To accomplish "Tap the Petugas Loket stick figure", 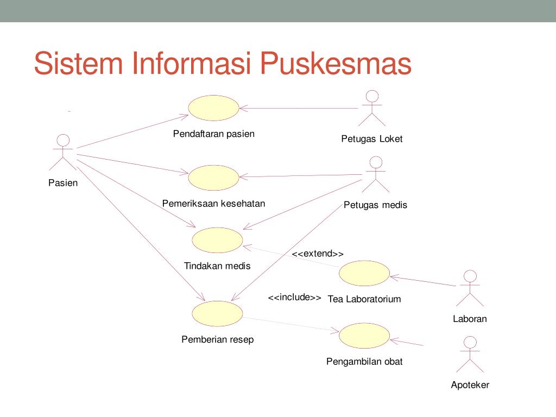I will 371,108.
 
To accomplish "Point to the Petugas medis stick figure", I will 375,174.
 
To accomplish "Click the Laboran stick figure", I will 470,288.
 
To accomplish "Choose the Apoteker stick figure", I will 470,354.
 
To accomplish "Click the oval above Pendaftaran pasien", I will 213,108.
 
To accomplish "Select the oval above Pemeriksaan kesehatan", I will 213,178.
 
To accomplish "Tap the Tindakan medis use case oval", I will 217,240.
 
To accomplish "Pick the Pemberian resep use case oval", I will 217,314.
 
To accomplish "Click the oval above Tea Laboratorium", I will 364,273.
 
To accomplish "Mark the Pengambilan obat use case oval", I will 364,336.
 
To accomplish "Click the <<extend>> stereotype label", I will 318,254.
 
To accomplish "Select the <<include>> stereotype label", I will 294,298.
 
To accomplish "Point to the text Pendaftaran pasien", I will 213,134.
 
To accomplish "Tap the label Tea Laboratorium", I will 364,299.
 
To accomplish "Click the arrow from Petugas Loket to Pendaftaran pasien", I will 299,109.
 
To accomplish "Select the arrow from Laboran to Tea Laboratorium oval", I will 422,281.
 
